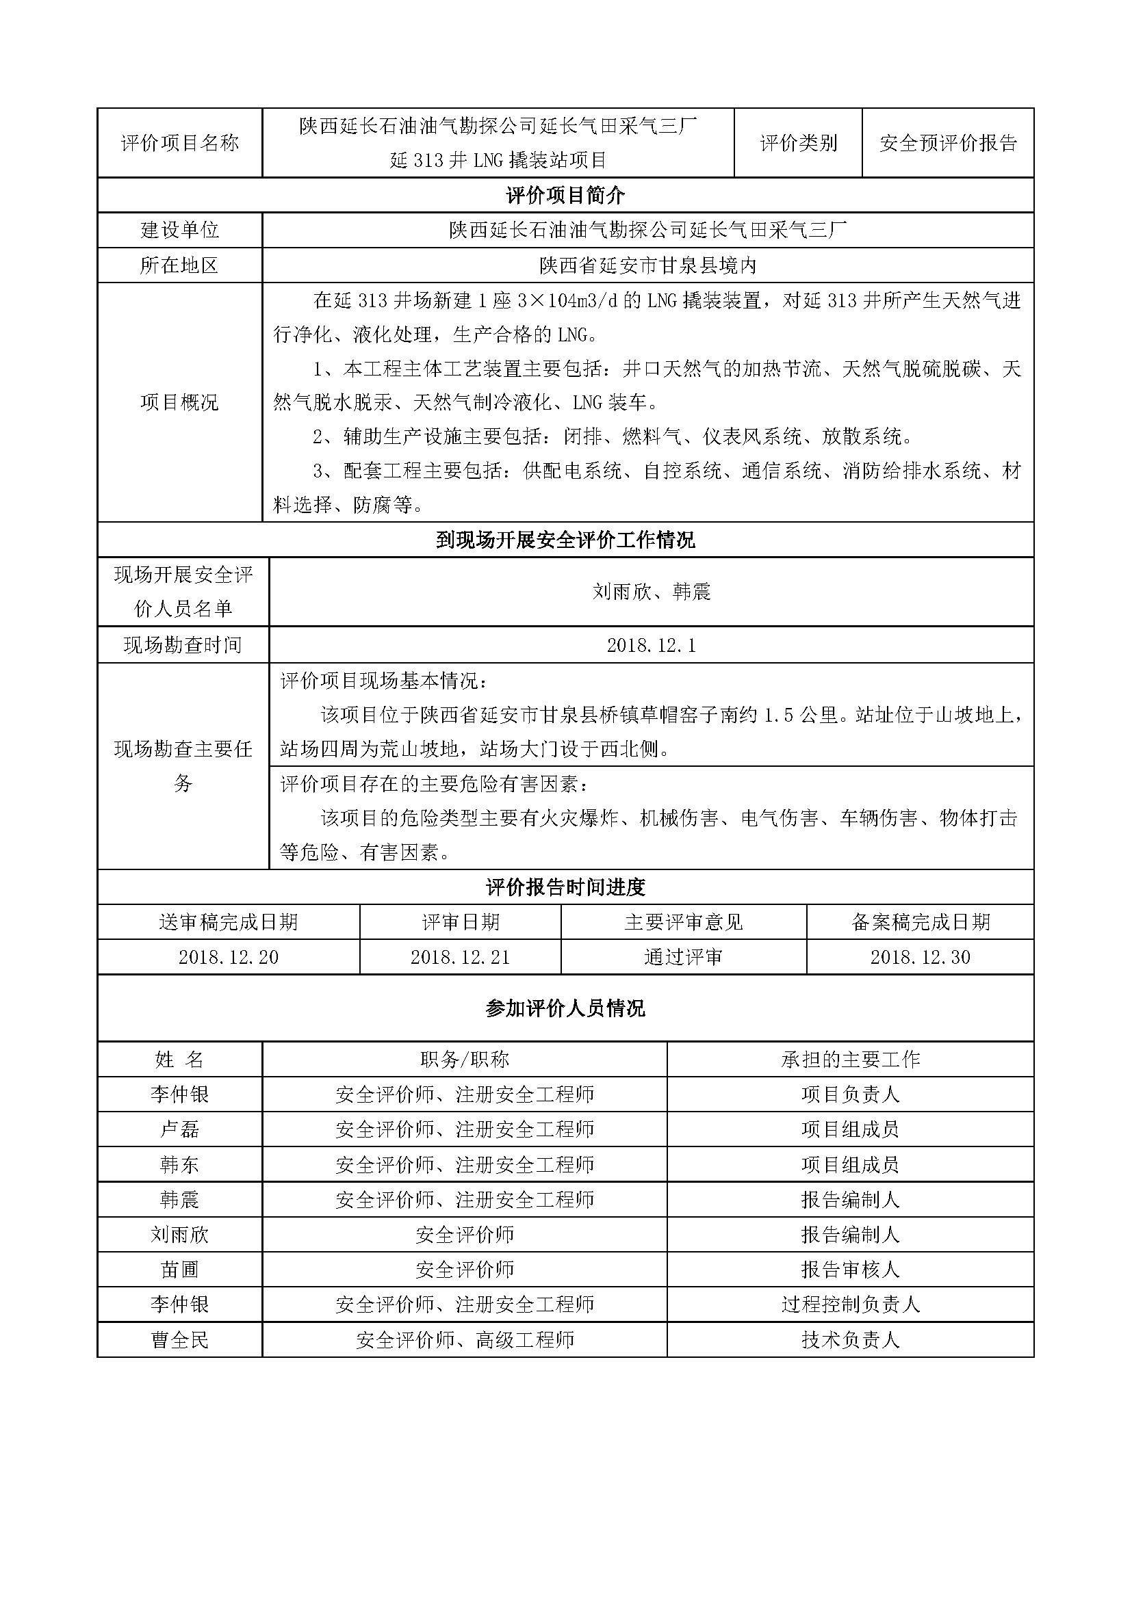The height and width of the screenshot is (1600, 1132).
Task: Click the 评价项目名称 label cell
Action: [x=180, y=143]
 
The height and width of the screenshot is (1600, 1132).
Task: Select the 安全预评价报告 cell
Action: [x=948, y=143]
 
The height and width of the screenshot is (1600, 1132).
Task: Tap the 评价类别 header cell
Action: [x=798, y=143]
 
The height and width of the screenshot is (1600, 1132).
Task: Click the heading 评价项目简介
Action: [x=565, y=195]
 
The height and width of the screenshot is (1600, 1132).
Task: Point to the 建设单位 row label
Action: [x=180, y=230]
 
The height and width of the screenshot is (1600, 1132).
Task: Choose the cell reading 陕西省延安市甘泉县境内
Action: [x=647, y=265]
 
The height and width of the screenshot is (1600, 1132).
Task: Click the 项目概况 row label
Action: [x=180, y=402]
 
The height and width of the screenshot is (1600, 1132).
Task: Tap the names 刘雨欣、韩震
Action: [x=651, y=592]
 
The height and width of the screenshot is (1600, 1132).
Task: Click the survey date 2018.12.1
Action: [x=651, y=645]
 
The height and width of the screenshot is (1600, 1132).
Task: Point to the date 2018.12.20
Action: [x=229, y=958]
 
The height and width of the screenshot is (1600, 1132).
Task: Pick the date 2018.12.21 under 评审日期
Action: [x=460, y=958]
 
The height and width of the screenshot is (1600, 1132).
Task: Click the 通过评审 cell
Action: [x=683, y=958]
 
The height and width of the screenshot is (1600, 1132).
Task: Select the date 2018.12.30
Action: [x=920, y=958]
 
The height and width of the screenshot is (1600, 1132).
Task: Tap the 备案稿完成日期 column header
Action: [x=920, y=923]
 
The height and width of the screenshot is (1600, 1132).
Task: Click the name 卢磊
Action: [x=180, y=1129]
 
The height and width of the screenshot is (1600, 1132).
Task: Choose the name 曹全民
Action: [x=180, y=1339]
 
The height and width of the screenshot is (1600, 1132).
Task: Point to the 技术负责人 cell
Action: [x=851, y=1339]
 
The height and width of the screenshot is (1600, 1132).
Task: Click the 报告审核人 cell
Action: [x=851, y=1269]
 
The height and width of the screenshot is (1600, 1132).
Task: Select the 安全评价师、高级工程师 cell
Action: [x=465, y=1339]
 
